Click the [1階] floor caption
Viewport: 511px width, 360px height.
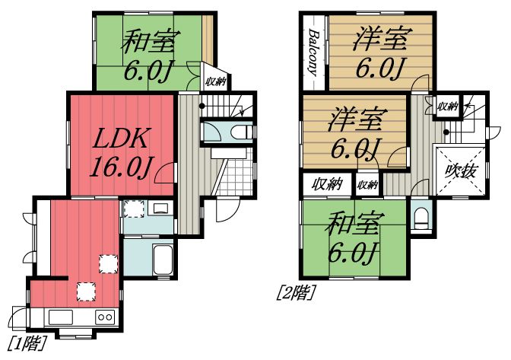coord(24,342)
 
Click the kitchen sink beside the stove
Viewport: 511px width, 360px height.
coord(60,317)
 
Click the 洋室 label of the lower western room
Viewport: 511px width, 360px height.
coord(356,120)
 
